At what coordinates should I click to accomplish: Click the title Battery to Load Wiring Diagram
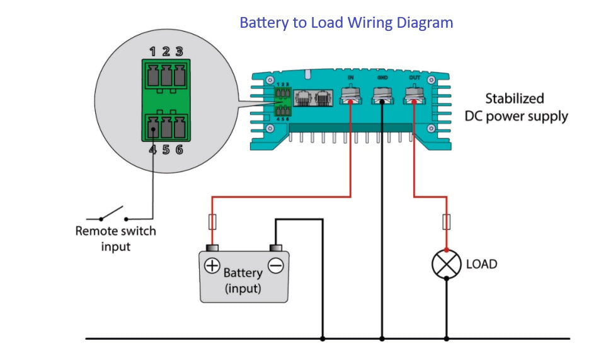[346, 23]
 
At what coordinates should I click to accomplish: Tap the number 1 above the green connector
[152, 52]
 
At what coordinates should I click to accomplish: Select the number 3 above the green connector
[179, 52]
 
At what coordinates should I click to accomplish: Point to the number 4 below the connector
[152, 150]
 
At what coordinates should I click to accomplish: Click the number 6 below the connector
[179, 150]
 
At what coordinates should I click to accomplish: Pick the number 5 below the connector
[166, 150]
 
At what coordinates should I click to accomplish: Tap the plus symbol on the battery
[212, 266]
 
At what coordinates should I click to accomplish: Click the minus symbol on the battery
[275, 266]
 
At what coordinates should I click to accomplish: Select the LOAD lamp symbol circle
[446, 264]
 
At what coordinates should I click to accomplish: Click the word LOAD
[481, 264]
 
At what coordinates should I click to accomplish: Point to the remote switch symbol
[113, 214]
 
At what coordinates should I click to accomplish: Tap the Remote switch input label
[115, 238]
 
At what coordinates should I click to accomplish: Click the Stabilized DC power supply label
[516, 108]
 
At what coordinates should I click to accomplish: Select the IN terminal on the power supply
[350, 95]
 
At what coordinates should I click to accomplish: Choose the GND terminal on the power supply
[382, 95]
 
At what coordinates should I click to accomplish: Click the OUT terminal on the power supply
[414, 95]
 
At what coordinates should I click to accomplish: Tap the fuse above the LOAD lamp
[446, 222]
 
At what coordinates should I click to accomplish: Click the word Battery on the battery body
[243, 273]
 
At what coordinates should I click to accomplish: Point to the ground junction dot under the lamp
[446, 339]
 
